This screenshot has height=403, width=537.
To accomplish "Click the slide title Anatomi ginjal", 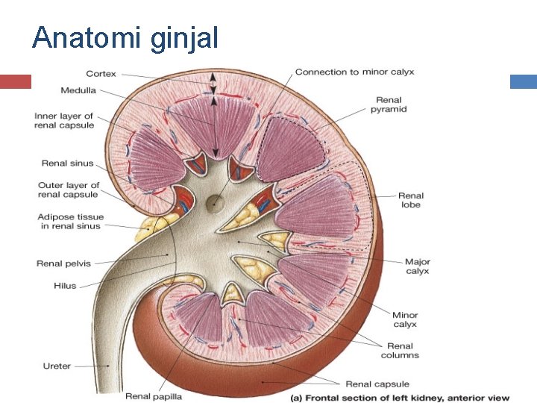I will pyautogui.click(x=125, y=37).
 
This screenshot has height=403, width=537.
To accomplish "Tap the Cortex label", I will pyautogui.click(x=101, y=74).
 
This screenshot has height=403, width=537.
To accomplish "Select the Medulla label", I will pyautogui.click(x=78, y=91).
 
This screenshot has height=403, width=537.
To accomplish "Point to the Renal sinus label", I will pyautogui.click(x=67, y=163).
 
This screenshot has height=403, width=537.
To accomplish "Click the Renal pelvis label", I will pyautogui.click(x=63, y=263).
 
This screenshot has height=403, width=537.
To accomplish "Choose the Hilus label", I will pyautogui.click(x=65, y=286).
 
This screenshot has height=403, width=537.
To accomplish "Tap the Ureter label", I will pyautogui.click(x=57, y=366).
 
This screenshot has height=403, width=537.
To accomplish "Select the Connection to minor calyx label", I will pyautogui.click(x=354, y=72).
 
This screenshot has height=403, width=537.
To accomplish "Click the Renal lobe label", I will pyautogui.click(x=410, y=200).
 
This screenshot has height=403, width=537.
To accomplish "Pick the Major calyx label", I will pyautogui.click(x=417, y=266).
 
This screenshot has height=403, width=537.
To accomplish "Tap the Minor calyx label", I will pyautogui.click(x=405, y=319).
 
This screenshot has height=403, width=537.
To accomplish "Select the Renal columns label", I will pyautogui.click(x=401, y=351).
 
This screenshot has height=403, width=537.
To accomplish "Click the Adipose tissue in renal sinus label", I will pyautogui.click(x=70, y=222).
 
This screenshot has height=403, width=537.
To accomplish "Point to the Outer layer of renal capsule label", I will pyautogui.click(x=68, y=190).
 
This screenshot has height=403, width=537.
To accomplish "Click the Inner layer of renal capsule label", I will pyautogui.click(x=64, y=121).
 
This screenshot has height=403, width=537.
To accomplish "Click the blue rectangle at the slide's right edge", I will pyautogui.click(x=524, y=81).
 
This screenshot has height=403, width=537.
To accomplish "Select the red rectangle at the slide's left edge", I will pyautogui.click(x=15, y=81).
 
